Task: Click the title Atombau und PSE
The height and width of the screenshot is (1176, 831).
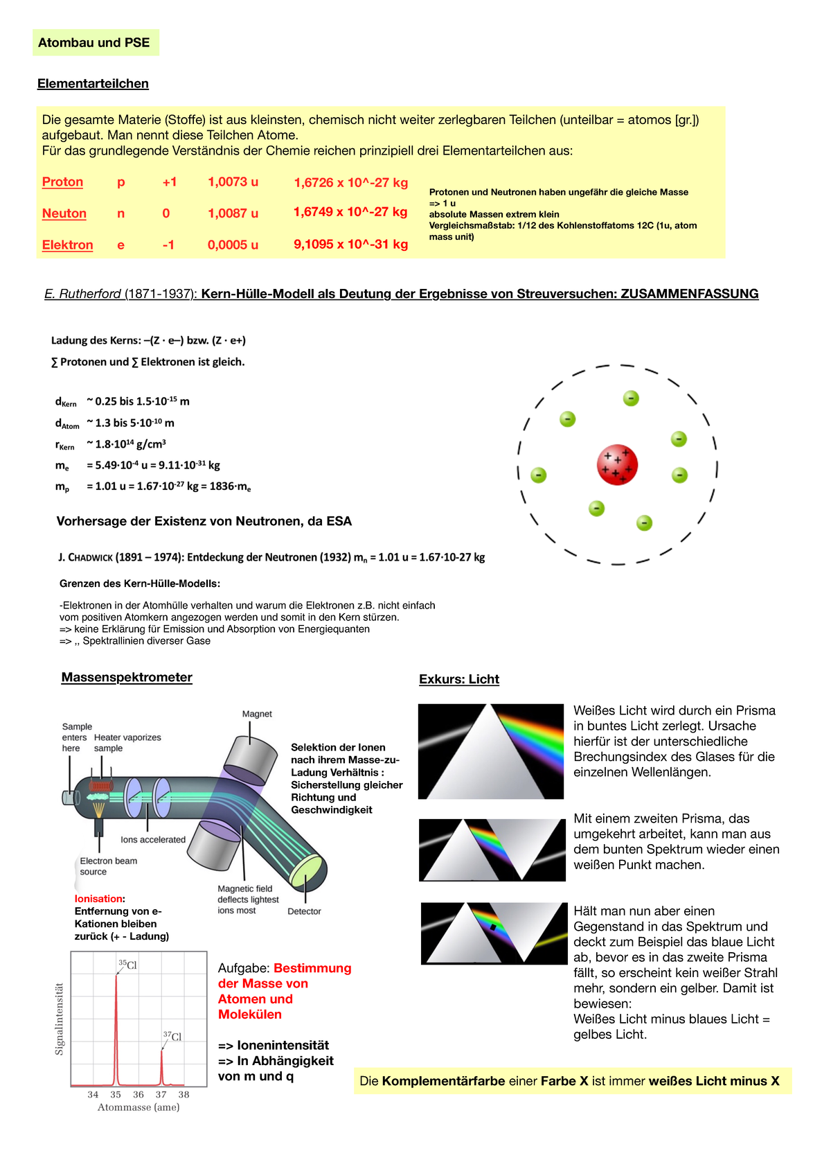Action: [94, 42]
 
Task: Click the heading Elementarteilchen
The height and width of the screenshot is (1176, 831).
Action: [93, 84]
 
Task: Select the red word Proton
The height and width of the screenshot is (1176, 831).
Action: [62, 182]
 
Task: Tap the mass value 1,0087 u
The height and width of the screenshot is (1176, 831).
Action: [233, 213]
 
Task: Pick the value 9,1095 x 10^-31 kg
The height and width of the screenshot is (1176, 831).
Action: [350, 244]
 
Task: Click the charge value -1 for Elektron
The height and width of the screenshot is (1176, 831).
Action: [168, 245]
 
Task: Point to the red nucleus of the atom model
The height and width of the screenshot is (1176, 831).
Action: [616, 465]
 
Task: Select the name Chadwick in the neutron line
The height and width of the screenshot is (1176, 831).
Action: [89, 557]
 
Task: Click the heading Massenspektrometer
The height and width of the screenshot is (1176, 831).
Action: [127, 677]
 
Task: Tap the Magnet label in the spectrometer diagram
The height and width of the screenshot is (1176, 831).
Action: [257, 714]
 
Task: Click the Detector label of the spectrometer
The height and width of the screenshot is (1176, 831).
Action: [304, 911]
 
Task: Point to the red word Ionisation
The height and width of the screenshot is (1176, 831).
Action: [98, 899]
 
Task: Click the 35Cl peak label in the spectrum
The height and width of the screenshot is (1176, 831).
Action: [127, 965]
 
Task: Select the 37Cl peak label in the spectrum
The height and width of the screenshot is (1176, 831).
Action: [172, 1036]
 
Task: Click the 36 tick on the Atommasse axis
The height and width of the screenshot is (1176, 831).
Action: [138, 1094]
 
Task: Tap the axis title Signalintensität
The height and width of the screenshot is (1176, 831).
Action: [60, 1019]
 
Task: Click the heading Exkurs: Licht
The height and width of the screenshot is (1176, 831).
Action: [458, 679]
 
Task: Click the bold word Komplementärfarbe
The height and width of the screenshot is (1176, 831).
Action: [443, 1081]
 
